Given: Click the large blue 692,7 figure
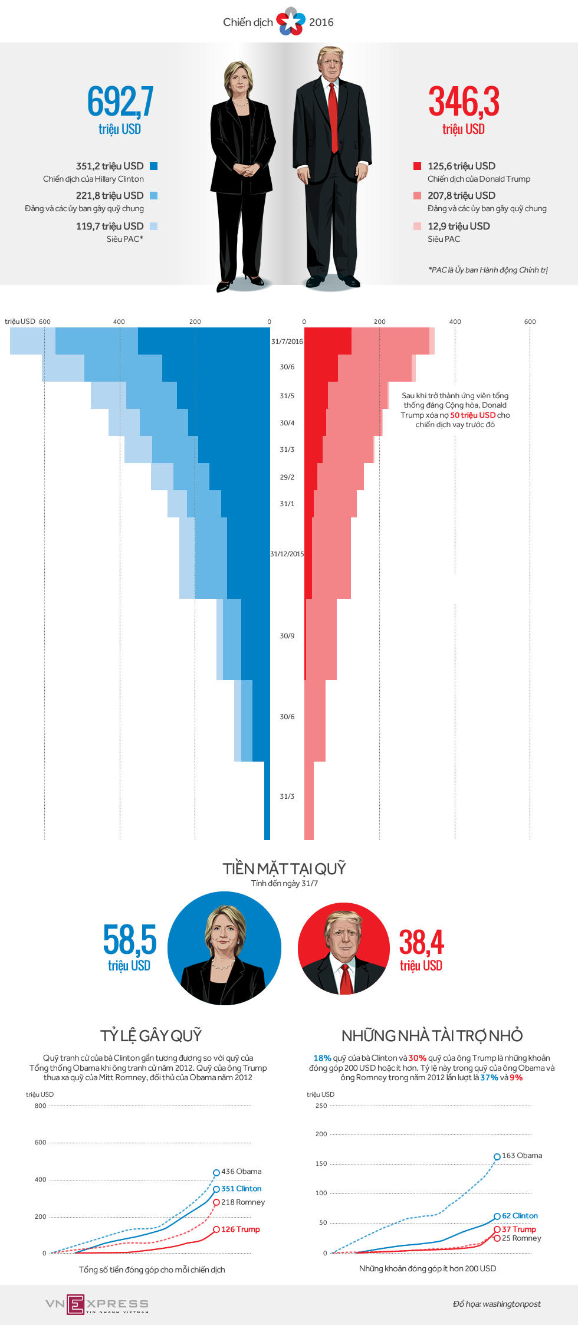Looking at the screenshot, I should click(120, 101).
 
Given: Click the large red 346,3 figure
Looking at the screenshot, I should click(464, 101).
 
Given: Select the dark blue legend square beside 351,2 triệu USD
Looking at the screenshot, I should click(154, 166).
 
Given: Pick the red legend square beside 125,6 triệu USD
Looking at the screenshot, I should click(417, 166).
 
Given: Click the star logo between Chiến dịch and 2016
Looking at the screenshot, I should click(291, 22).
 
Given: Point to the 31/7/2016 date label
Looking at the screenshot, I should click(287, 342).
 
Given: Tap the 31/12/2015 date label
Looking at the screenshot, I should click(287, 554).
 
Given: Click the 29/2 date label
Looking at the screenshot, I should click(287, 477).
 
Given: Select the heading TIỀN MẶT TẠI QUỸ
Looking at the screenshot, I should click(284, 868).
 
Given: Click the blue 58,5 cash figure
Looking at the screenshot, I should click(130, 940).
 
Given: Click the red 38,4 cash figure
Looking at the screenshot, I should click(421, 942).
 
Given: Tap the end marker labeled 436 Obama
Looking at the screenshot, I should click(216, 1173).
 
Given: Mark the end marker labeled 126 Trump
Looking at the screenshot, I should click(216, 1229).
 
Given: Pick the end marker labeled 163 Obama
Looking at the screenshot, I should click(497, 1157).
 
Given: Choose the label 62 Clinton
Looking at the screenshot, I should click(520, 1216).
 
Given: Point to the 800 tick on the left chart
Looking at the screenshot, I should click(40, 1106).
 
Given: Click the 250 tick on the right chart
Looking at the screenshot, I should click(321, 1106).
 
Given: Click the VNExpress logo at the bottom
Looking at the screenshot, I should click(97, 1304).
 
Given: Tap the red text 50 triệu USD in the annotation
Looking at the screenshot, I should click(472, 415).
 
